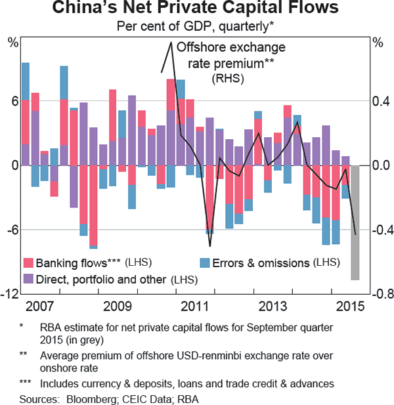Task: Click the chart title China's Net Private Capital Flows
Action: [x=196, y=9]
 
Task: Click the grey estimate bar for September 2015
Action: [x=355, y=223]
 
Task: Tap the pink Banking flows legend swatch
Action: [x=28, y=263]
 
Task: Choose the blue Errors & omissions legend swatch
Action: [x=205, y=263]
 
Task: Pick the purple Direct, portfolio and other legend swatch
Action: [x=28, y=280]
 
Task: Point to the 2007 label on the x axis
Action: [x=40, y=306]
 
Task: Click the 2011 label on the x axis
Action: [x=196, y=306]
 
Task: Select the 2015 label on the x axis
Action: [x=351, y=306]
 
